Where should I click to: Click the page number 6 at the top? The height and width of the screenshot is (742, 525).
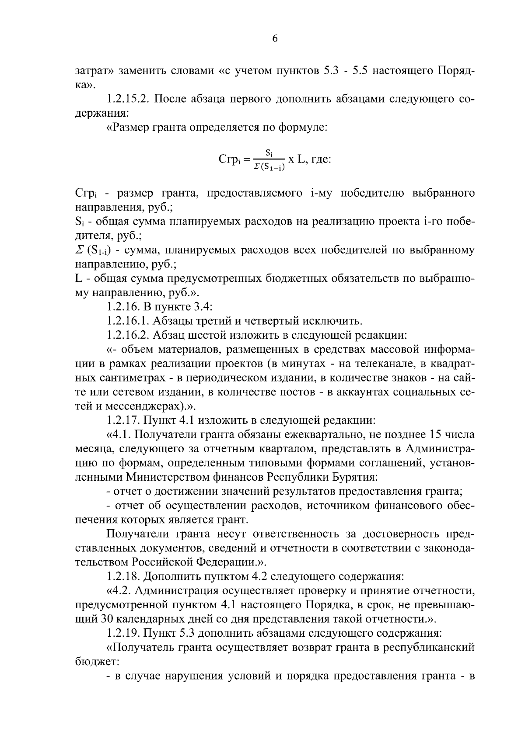(275, 38)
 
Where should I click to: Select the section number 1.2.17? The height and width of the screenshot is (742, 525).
(123, 420)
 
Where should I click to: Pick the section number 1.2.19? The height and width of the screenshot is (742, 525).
(123, 633)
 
